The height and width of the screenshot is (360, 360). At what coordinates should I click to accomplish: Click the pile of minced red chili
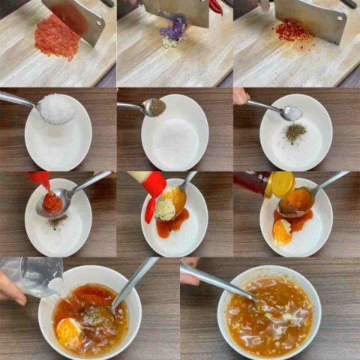click(56, 37)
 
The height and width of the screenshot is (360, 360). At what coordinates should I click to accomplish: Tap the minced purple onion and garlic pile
click(175, 32)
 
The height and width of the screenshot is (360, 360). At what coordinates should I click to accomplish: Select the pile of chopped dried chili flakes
click(293, 31)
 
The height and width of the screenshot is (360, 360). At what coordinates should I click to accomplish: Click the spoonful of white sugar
click(56, 109)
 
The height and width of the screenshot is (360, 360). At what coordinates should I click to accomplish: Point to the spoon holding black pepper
click(154, 106)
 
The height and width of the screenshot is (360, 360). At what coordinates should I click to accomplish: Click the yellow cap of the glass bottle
click(282, 184)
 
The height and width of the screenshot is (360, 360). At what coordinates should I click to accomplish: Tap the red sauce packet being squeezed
click(40, 179)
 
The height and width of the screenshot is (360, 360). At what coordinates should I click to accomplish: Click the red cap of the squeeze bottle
click(154, 184)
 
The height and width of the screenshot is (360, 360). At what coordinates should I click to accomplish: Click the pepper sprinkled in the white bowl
click(295, 133)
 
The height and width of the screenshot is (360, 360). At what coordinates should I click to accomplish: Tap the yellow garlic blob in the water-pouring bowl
click(68, 331)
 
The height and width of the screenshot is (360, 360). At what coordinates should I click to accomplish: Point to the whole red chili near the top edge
click(216, 6)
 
